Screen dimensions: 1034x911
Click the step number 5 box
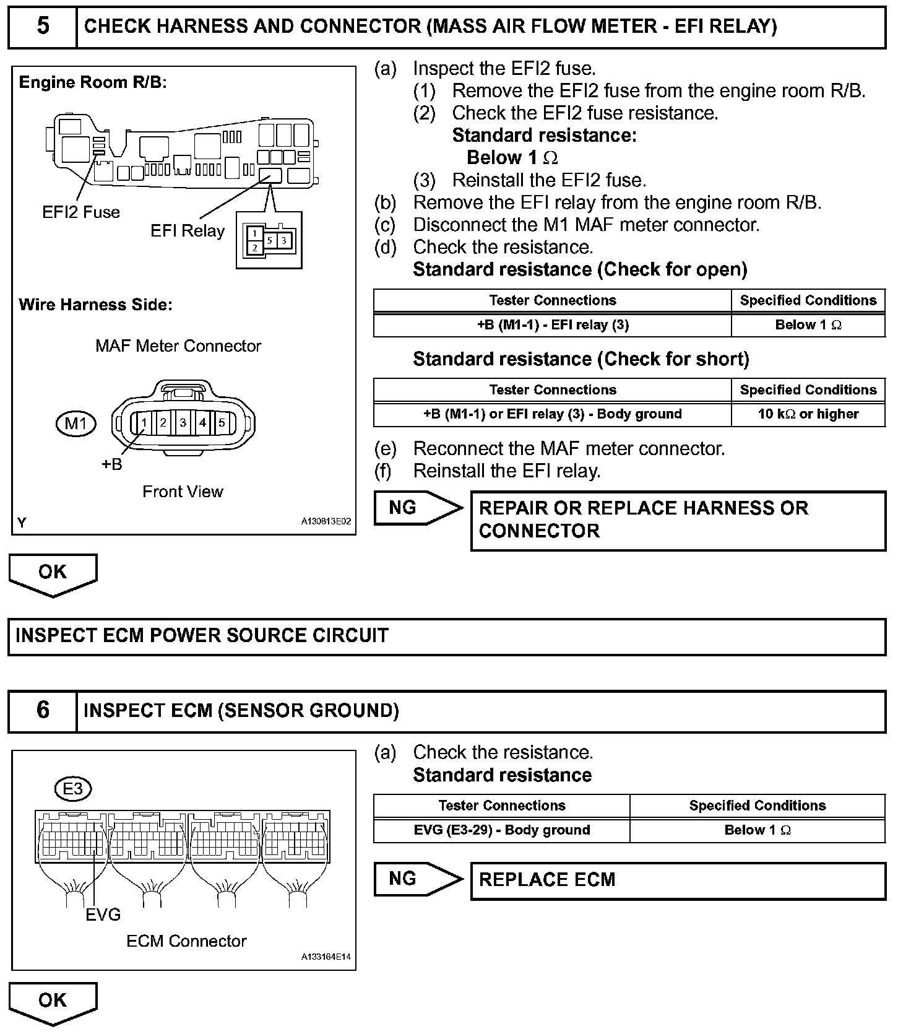pos(43,27)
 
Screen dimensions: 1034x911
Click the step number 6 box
pos(43,710)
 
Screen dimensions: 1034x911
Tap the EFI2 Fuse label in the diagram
pos(81,212)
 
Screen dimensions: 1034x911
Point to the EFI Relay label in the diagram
pos(188,231)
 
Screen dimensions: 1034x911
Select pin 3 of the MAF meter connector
pos(183,424)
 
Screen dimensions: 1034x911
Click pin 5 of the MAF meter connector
pos(222,424)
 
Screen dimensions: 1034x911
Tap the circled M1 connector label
pos(76,424)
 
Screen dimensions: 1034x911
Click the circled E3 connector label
pos(73,789)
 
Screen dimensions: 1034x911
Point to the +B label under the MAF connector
pos(112,464)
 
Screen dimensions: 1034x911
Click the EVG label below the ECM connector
pos(103,915)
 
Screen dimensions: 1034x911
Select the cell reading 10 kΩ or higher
pos(808,414)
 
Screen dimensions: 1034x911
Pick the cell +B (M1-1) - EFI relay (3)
pos(553,325)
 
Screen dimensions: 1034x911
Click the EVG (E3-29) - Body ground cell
pos(502,830)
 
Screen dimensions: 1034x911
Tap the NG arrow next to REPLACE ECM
pos(418,879)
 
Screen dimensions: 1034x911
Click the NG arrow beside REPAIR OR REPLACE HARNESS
pos(418,508)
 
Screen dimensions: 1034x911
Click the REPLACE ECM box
pos(678,880)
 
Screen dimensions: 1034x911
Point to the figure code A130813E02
pos(326,522)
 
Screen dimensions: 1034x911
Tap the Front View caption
pos(183,492)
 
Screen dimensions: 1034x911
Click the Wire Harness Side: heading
pos(95,305)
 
